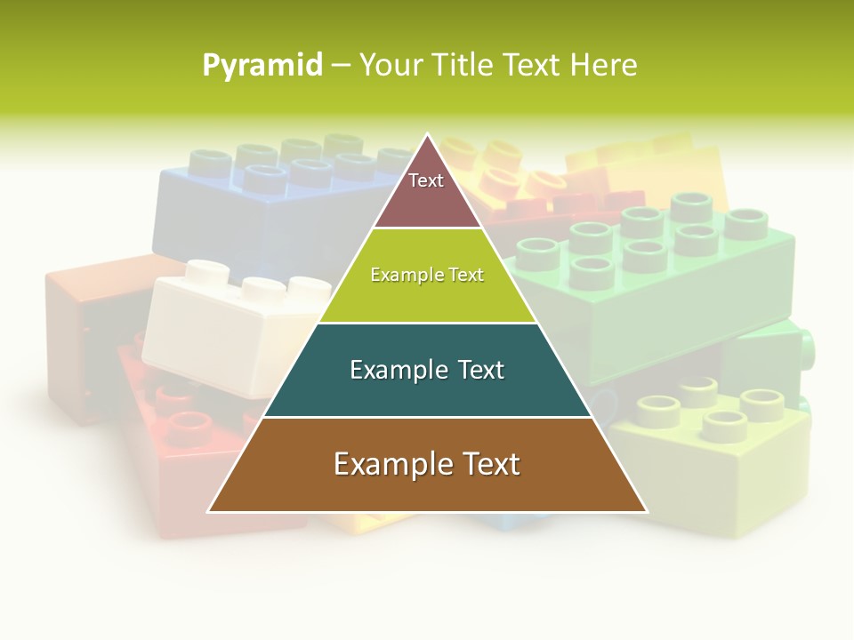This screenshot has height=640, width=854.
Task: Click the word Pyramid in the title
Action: pyautogui.click(x=262, y=66)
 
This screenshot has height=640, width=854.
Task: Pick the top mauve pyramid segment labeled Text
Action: pyautogui.click(x=427, y=191)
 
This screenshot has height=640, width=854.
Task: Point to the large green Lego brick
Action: pyautogui.click(x=676, y=284)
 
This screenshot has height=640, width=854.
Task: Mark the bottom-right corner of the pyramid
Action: pyautogui.click(x=646, y=511)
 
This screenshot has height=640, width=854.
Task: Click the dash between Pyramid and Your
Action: pyautogui.click(x=341, y=66)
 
